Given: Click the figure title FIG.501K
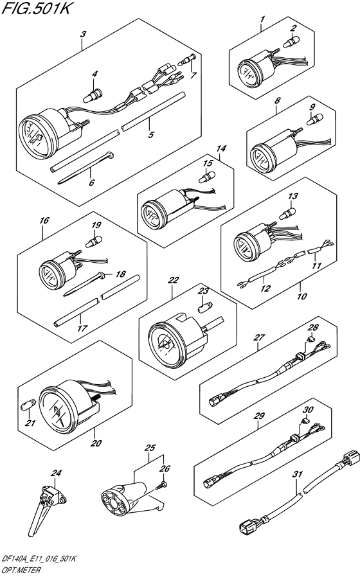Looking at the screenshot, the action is coord(35,8).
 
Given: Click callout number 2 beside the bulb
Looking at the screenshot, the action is coord(293,28).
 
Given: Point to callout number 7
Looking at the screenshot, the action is coord(194,75).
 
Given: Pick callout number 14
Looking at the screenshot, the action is coord(221,148).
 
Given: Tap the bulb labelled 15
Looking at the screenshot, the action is coord(206,177).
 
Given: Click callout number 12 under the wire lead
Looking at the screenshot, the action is coord(265,288).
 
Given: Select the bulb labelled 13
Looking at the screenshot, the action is coord(288,213).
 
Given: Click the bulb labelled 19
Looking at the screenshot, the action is coord(93,242).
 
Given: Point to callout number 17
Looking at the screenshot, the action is coord(82,328).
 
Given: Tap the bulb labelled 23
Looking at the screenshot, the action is coord(205,306).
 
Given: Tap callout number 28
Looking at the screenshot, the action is coord(313,328).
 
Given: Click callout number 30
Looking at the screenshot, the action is coord(308,409).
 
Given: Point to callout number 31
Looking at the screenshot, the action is coord(297,474).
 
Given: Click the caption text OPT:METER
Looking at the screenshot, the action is coord(21,571).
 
